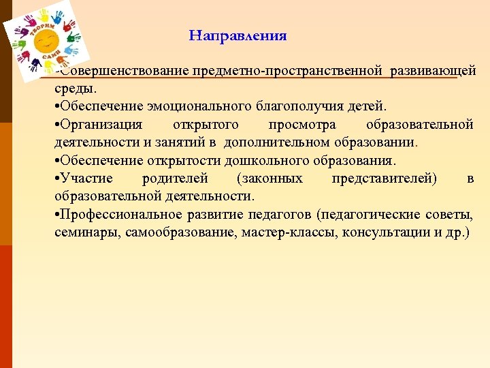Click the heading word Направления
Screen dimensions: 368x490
coord(238,35)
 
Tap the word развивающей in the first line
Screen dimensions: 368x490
coord(433,72)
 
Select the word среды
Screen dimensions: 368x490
coord(75,89)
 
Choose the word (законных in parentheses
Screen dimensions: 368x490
coord(269,179)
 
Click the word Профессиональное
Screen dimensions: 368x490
coord(120,215)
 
